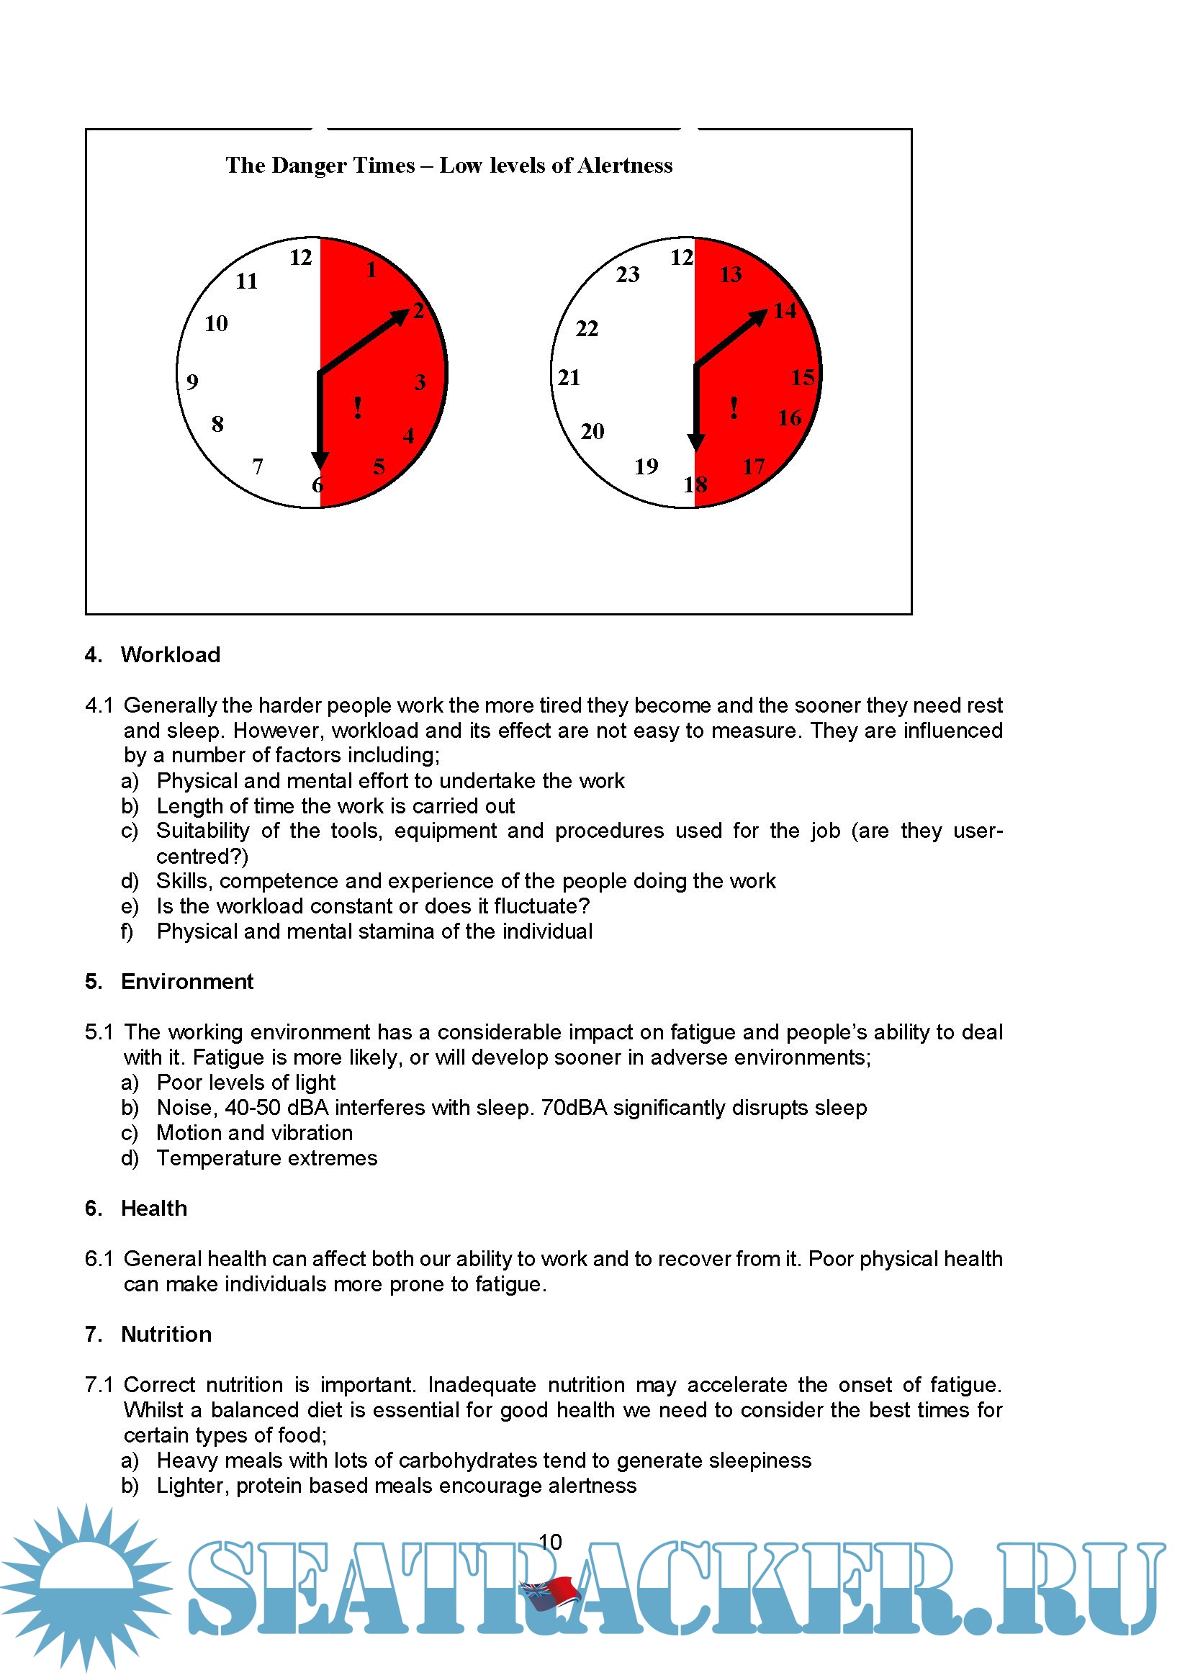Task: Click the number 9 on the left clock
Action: point(192,381)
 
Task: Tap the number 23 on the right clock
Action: point(628,275)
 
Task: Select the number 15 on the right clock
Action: point(803,377)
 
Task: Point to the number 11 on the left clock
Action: point(247,281)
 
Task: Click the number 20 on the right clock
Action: point(592,431)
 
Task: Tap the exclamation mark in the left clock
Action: point(358,408)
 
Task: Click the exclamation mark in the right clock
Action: point(734,408)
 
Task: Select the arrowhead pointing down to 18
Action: point(696,442)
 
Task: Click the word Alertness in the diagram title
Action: point(625,166)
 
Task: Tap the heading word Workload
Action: point(171,654)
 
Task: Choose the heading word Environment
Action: point(186,981)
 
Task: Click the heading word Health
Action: point(154,1208)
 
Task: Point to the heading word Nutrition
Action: point(166,1334)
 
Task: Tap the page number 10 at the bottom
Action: point(550,1542)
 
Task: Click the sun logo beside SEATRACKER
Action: point(86,1584)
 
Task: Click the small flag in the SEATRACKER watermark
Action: point(549,1591)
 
